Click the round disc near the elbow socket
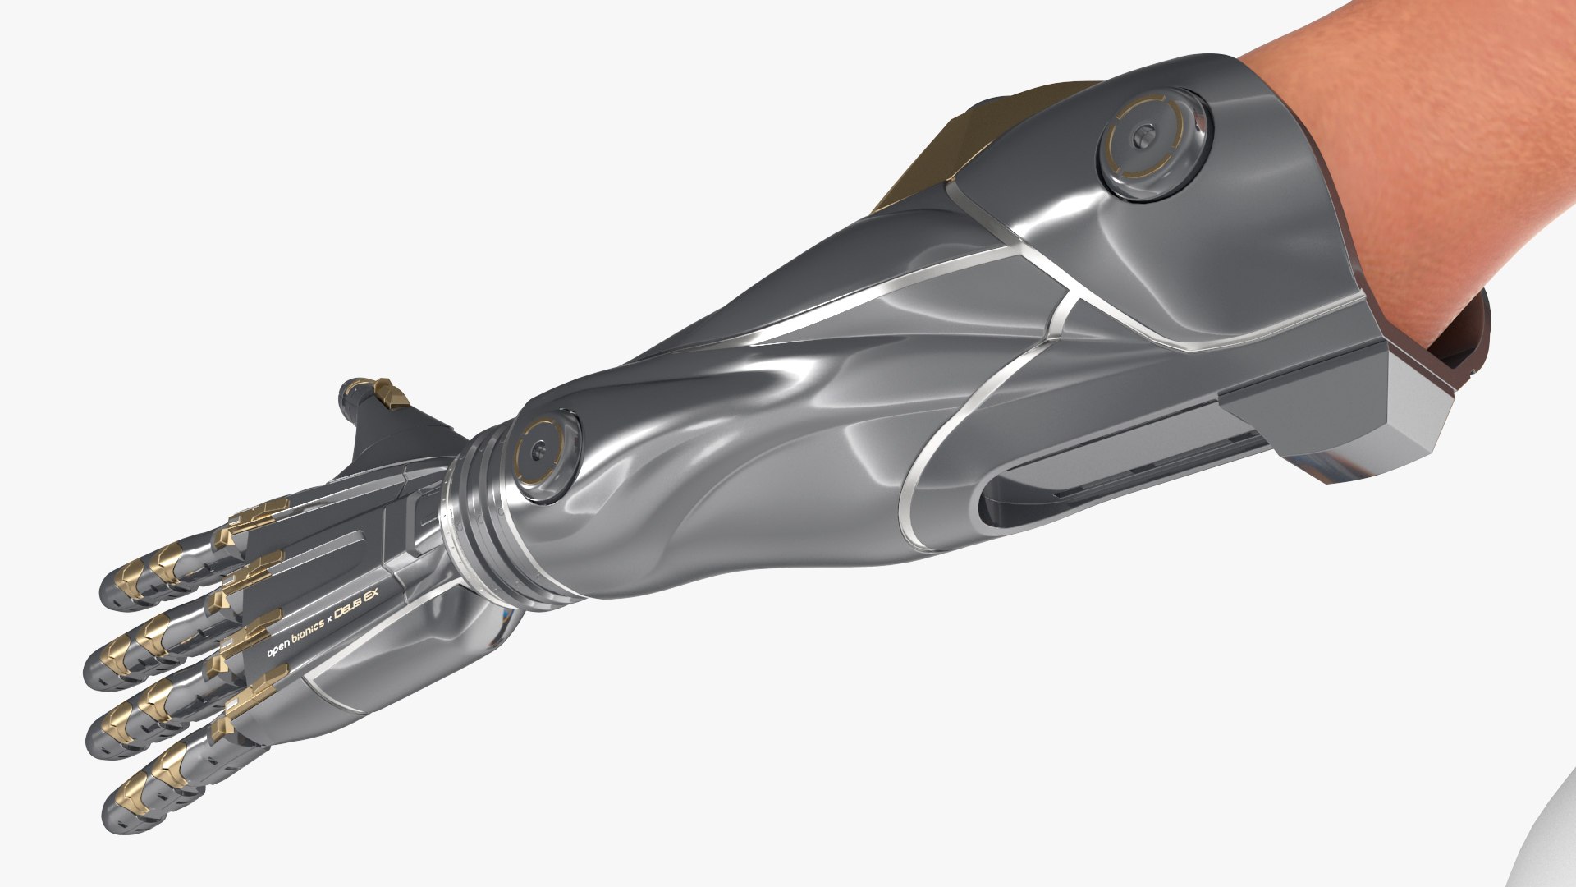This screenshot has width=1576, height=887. pos(1155,141)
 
